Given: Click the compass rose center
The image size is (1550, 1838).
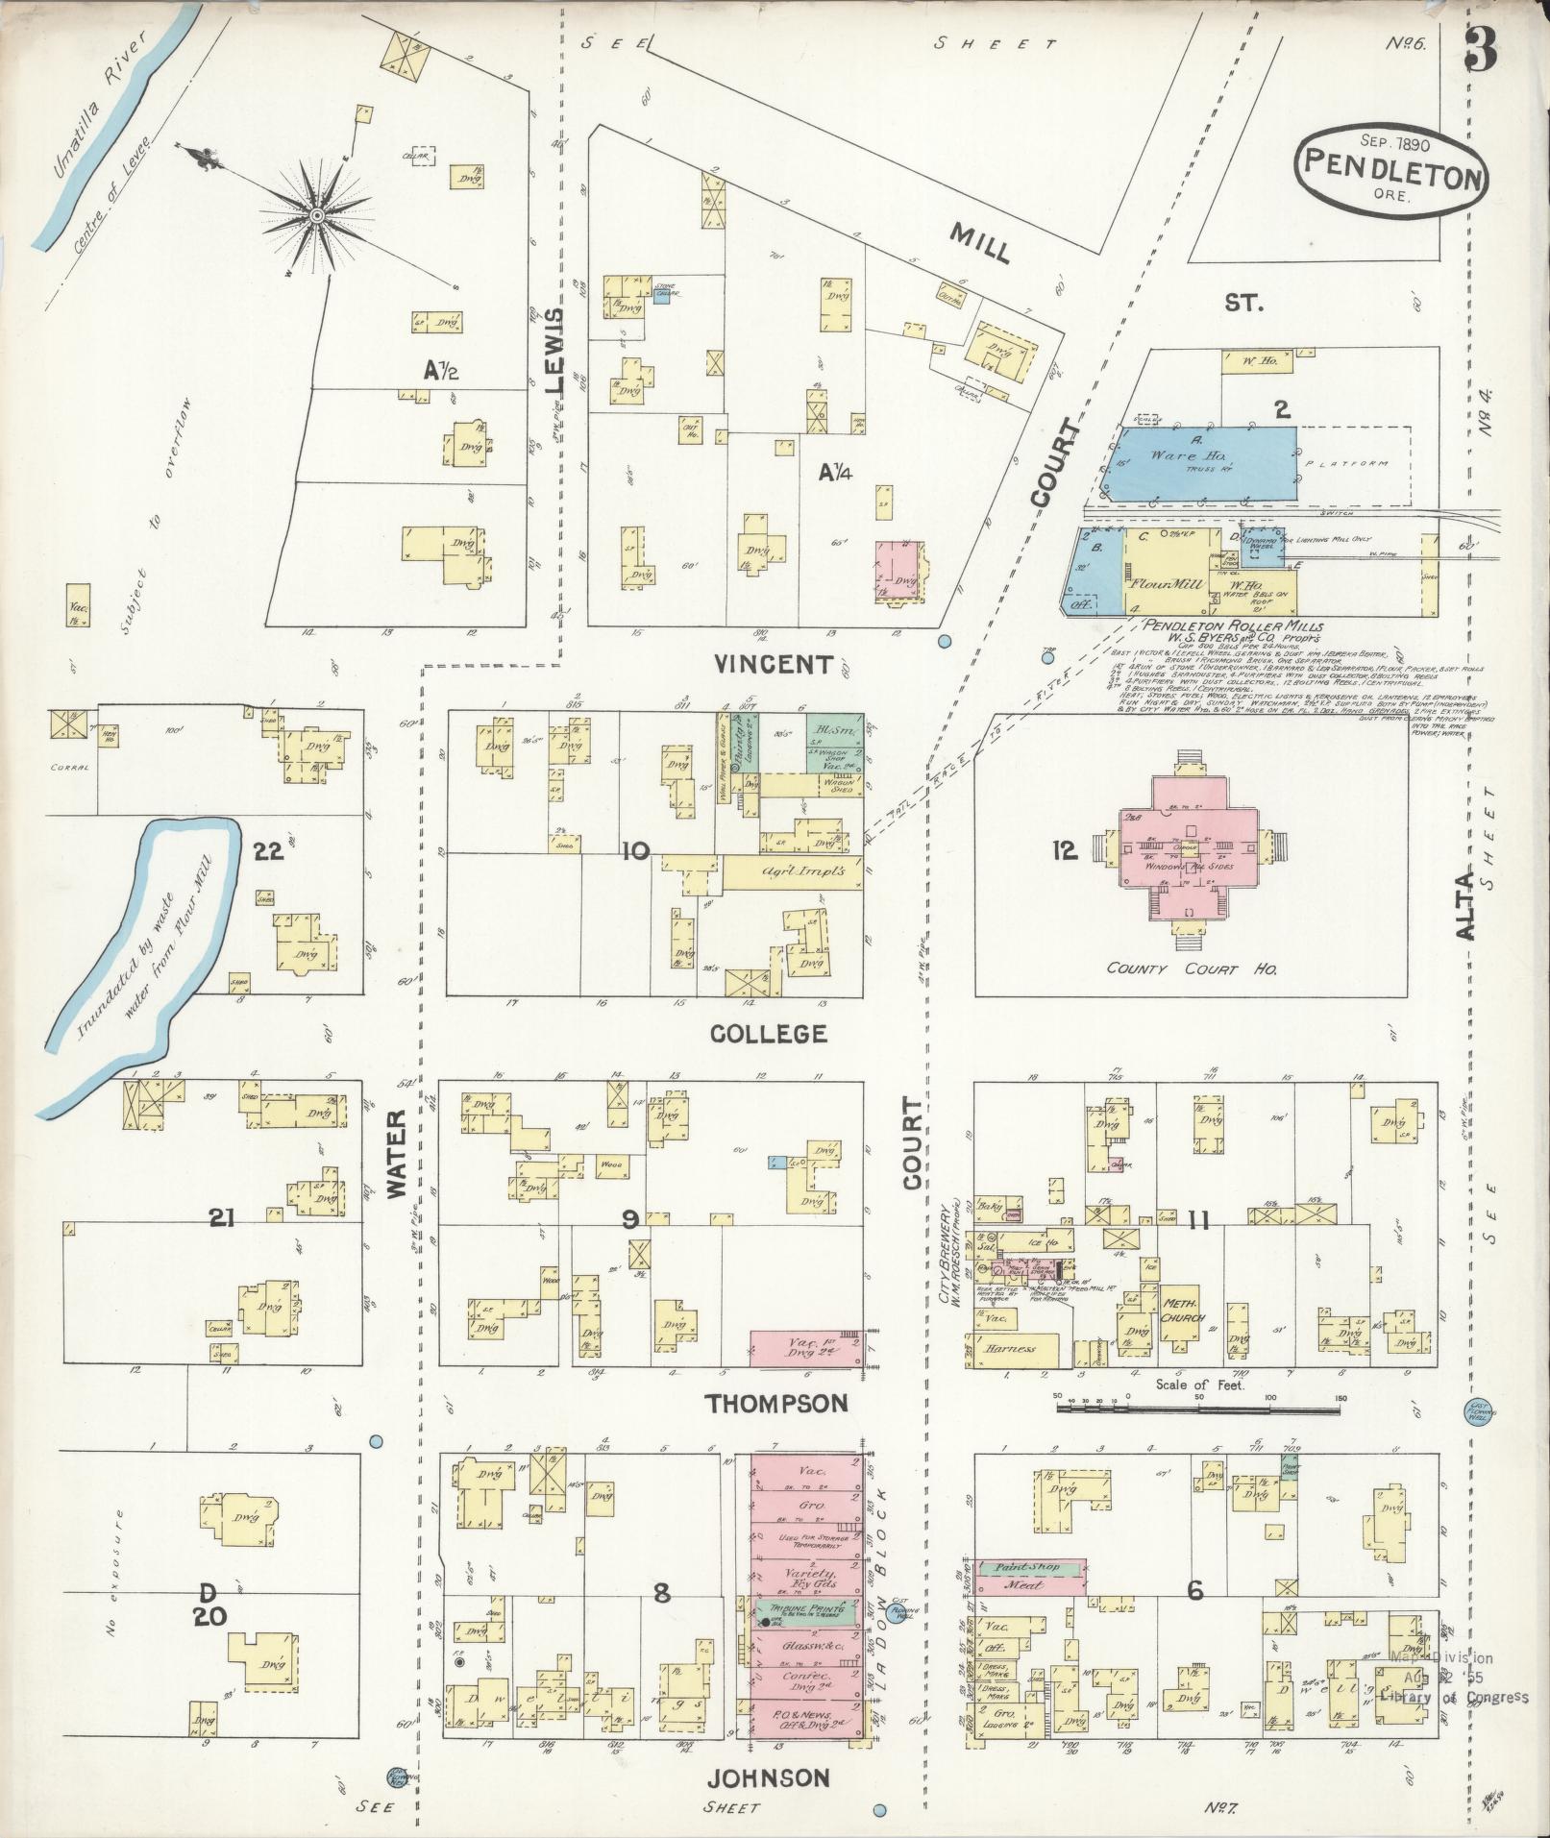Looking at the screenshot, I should (x=315, y=213).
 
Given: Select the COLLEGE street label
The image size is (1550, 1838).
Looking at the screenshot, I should (x=768, y=1034).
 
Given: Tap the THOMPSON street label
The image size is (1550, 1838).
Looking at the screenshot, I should (x=776, y=1404).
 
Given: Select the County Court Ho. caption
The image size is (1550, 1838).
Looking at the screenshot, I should (x=1191, y=969).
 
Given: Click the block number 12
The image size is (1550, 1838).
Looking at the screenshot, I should (x=1065, y=850).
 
